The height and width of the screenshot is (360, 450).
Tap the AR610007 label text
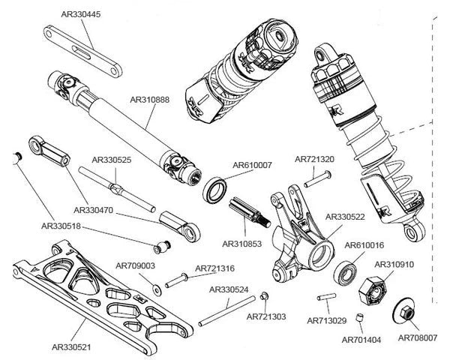tap(253, 165)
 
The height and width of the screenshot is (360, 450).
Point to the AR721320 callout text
tap(314, 159)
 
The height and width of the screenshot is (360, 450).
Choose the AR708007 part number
tap(418, 338)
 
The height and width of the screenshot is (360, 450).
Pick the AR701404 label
tap(361, 340)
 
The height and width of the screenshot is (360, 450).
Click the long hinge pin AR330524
tap(226, 311)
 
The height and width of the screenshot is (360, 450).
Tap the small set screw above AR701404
tap(359, 319)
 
